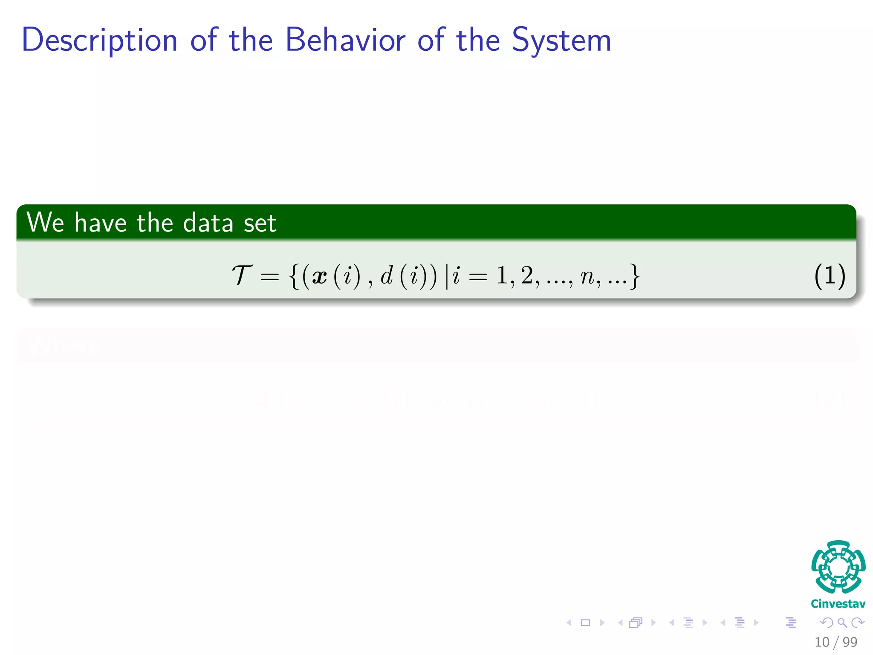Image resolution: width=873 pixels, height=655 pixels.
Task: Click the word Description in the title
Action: coord(99,41)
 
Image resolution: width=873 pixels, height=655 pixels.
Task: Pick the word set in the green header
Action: coord(260,223)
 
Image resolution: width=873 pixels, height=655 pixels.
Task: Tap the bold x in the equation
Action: coord(320,276)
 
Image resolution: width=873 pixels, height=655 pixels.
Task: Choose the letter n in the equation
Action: coord(587,277)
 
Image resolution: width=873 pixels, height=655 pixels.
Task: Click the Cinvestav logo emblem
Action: coord(838,567)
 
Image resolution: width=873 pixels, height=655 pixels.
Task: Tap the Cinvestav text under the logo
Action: coord(838,603)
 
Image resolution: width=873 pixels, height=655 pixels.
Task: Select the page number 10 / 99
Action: coord(835,642)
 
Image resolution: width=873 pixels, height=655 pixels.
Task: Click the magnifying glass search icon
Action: coord(842,623)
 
